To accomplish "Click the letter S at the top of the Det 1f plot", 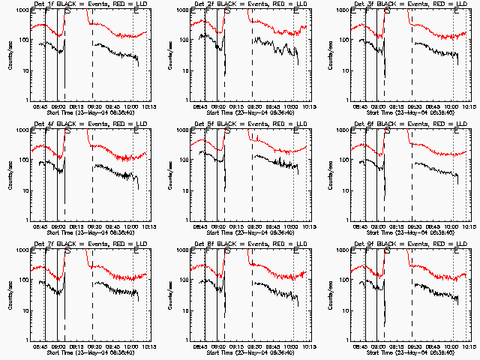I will [69, 13].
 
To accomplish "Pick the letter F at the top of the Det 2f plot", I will [206, 13].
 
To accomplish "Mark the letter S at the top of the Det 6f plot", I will [388, 132].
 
